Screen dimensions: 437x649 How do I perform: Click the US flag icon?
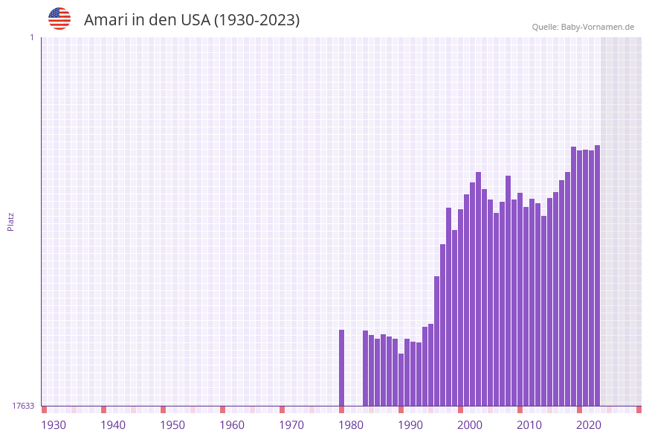59,19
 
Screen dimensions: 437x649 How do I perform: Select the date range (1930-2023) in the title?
256,20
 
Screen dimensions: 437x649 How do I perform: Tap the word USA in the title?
195,20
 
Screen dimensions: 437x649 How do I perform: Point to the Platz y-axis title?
10,221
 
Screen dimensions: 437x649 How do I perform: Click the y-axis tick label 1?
31,37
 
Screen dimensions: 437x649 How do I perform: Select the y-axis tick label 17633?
23,406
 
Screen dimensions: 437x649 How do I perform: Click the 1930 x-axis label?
54,424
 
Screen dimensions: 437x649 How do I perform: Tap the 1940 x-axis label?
113,424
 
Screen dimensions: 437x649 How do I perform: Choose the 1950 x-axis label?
172,424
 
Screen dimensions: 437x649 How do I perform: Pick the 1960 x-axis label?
232,424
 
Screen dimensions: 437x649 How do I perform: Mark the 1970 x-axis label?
291,424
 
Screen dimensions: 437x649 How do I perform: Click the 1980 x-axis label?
351,424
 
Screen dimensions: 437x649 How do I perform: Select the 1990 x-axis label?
410,424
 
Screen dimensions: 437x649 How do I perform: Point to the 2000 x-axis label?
470,424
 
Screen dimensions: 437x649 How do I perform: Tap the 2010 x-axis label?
529,424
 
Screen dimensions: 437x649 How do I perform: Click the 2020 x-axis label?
589,424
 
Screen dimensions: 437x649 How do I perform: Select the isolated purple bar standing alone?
342,368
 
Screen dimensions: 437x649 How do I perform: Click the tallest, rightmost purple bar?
597,275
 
